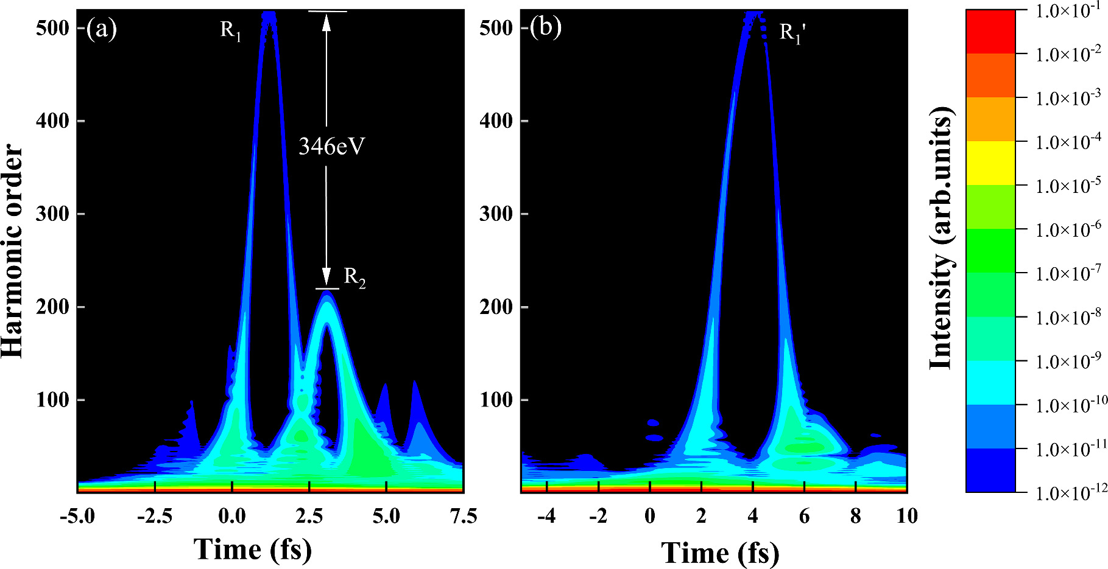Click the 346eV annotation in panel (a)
click(331, 147)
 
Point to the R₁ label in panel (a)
click(231, 30)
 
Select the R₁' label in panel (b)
click(792, 32)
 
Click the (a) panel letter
click(101, 29)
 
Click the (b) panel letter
click(545, 28)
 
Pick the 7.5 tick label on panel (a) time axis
click(463, 517)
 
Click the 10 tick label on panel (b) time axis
click(906, 517)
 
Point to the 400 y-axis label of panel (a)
click(52, 120)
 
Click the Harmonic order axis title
click(13, 251)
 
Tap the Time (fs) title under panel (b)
click(720, 553)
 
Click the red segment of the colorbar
click(990, 32)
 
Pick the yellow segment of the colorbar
click(990, 163)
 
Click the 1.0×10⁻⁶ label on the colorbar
click(1068, 229)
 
